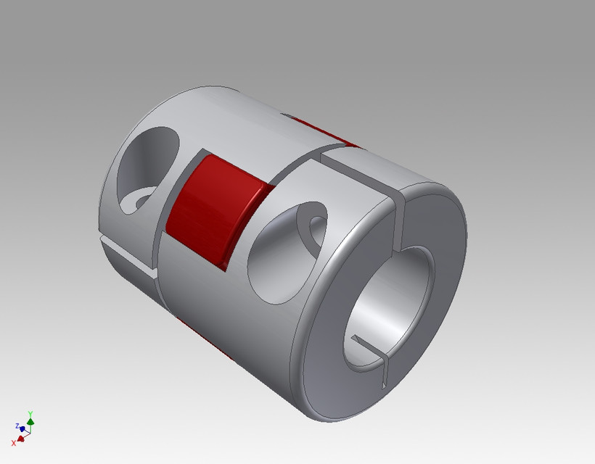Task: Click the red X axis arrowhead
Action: tap(21, 438)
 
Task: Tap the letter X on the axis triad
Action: tap(13, 442)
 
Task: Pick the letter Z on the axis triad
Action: tap(17, 426)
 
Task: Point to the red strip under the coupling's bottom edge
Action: tap(210, 344)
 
